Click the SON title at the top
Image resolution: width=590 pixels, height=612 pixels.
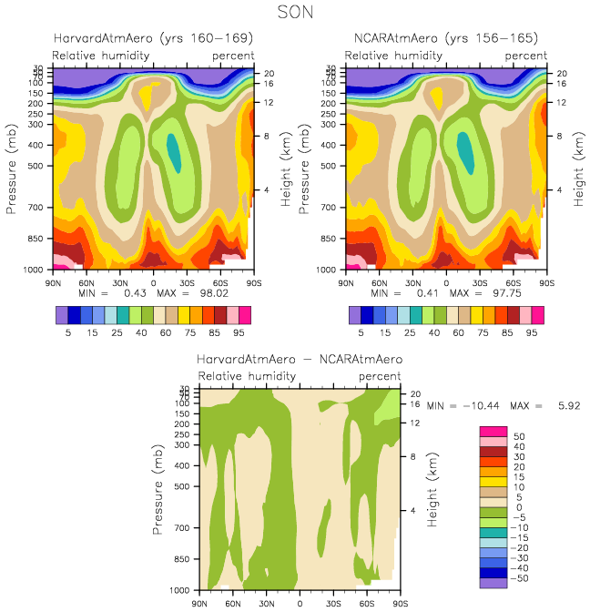[295, 13]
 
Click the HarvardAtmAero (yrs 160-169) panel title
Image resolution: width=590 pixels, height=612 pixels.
[151, 38]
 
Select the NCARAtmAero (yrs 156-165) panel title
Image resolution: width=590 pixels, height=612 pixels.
[445, 38]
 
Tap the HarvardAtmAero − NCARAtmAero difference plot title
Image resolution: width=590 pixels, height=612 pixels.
[300, 360]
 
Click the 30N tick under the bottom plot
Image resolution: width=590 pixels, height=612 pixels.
[267, 604]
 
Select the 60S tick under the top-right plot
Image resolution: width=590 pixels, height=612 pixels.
[514, 283]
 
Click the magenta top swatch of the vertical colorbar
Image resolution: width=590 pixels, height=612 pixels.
[493, 430]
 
